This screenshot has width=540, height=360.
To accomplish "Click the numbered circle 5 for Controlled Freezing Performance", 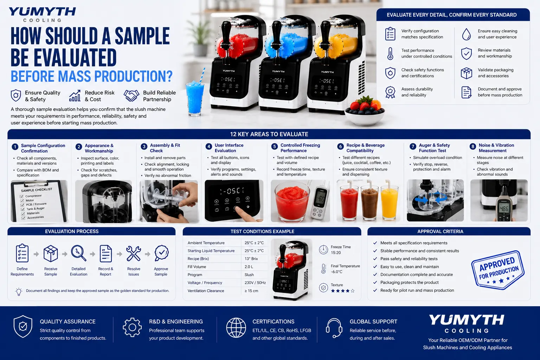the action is [274, 147].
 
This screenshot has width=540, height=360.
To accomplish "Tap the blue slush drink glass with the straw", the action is [194, 97].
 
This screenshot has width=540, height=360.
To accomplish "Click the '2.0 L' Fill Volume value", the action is [249, 267].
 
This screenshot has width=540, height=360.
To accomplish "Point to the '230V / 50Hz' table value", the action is [255, 283].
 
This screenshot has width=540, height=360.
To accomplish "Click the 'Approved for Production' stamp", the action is [498, 270].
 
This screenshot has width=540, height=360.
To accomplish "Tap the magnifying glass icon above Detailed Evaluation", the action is [79, 253].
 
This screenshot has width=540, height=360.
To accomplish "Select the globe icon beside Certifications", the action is [236, 328].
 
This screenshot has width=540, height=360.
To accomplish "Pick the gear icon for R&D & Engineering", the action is [132, 327].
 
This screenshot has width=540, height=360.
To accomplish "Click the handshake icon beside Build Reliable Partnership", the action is [131, 96].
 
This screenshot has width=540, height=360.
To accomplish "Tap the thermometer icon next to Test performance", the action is [390, 53].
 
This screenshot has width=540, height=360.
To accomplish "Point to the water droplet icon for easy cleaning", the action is [467, 34].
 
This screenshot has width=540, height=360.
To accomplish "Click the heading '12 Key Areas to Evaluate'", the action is [269, 134].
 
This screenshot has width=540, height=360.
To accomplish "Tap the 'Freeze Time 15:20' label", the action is [340, 250].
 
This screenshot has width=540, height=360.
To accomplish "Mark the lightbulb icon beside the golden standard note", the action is [19, 291].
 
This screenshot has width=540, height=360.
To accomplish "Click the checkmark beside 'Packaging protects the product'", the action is [375, 282].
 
